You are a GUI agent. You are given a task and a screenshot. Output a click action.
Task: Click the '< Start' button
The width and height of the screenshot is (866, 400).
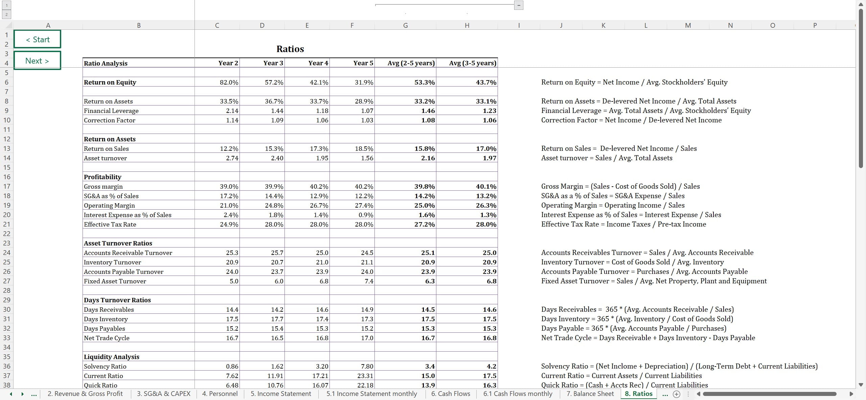click(37, 40)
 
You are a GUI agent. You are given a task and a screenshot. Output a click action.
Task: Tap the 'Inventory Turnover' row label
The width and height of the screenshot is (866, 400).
click(112, 262)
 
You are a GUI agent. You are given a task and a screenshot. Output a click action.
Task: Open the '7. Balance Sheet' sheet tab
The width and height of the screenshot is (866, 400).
click(590, 394)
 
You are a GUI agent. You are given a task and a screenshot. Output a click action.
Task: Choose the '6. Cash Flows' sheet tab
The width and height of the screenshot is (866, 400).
click(451, 394)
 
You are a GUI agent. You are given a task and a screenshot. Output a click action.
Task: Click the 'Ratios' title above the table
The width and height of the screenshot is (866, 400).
click(290, 49)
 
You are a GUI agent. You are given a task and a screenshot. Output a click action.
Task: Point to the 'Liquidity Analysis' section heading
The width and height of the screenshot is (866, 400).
click(111, 357)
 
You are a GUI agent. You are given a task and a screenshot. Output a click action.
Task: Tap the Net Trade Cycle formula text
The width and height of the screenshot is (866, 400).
click(648, 338)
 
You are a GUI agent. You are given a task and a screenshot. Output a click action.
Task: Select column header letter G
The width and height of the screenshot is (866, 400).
click(405, 25)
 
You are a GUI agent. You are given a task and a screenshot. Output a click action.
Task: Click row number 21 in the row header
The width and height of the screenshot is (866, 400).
click(7, 224)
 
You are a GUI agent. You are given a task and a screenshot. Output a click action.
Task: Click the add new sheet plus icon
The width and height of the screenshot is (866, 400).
click(677, 394)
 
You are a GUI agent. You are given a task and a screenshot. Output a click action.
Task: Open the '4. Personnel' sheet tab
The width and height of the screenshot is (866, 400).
click(220, 394)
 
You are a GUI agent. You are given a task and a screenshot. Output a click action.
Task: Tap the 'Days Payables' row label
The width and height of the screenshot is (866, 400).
click(104, 328)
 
